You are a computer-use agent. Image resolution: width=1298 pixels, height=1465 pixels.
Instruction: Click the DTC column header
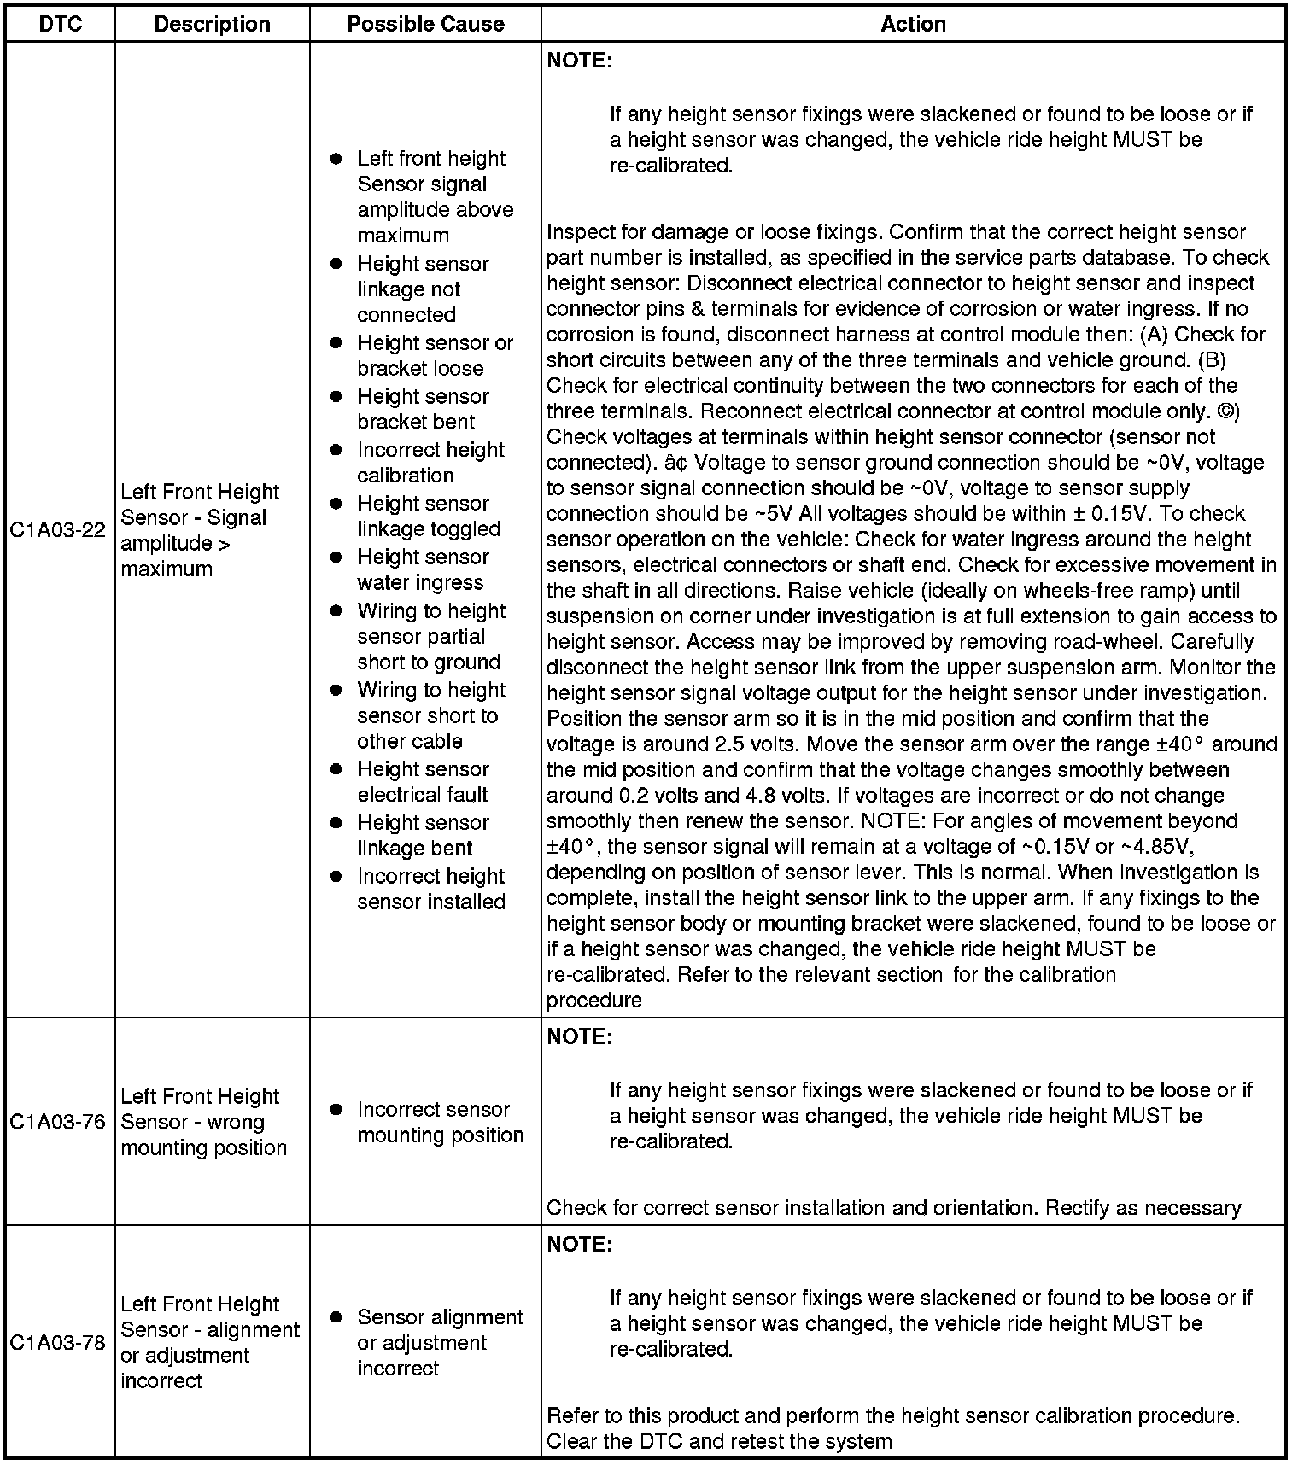[61, 24]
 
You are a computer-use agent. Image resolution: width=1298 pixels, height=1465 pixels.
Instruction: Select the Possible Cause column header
[425, 24]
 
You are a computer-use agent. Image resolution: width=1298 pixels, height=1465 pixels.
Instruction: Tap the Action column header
[913, 24]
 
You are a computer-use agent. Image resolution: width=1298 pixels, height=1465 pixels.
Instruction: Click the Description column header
[212, 24]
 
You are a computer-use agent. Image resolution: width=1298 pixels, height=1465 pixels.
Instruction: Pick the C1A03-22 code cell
[58, 530]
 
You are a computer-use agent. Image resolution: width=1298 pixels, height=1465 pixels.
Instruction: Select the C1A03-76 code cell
[58, 1122]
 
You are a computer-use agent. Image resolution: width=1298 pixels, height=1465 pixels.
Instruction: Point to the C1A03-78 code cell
[58, 1343]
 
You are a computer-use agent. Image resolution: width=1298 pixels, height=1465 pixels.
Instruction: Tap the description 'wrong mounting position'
[203, 1122]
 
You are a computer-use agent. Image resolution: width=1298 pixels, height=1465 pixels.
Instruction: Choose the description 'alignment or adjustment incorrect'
[209, 1343]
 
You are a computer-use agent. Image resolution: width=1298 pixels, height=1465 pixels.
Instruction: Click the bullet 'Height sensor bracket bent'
[423, 409]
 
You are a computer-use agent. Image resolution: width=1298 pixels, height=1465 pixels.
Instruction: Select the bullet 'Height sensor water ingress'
[423, 569]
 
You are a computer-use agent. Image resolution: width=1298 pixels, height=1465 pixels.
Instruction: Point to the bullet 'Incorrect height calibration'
[430, 463]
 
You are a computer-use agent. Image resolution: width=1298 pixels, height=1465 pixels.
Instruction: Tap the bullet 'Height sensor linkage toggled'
[428, 516]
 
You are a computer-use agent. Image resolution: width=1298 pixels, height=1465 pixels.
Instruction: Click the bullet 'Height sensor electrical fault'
[423, 782]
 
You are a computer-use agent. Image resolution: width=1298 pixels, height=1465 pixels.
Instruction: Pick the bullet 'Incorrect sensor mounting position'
[439, 1122]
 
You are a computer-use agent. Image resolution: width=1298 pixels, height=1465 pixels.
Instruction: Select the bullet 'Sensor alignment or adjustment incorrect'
[439, 1343]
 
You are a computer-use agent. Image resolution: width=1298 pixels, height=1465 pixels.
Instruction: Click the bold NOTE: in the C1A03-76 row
[580, 1036]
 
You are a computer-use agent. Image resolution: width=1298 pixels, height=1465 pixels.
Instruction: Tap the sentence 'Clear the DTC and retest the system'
[719, 1442]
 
